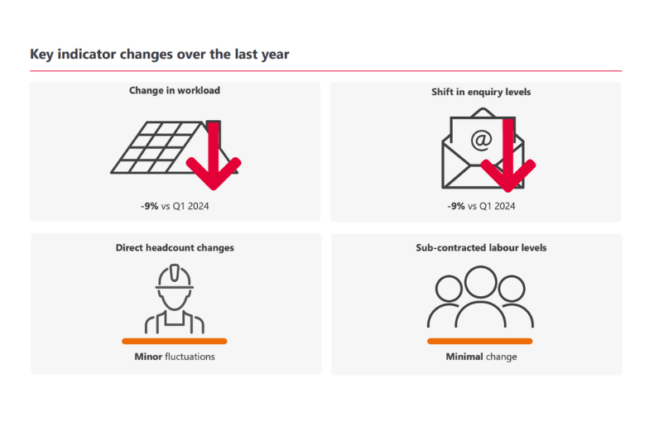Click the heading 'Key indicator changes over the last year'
click(159, 55)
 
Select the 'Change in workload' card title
click(175, 90)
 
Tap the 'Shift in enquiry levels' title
click(475, 92)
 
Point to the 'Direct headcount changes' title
click(175, 247)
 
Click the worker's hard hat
click(175, 276)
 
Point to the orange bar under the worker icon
click(175, 341)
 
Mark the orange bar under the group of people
click(480, 341)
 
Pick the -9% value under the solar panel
click(149, 206)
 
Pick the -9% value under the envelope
click(456, 206)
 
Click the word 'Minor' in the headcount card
click(147, 357)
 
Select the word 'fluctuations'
click(189, 357)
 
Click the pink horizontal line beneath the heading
click(325, 71)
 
